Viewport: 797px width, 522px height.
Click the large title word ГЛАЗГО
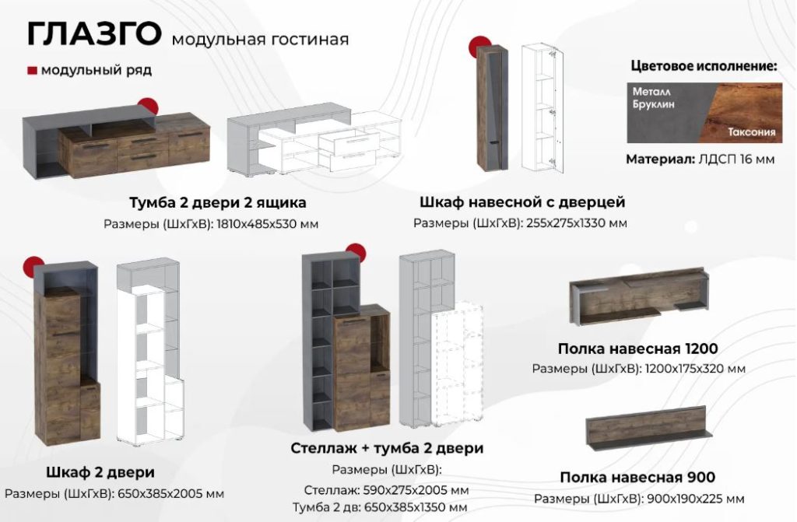(x=94, y=34)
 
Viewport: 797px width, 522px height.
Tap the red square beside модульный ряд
(x=32, y=71)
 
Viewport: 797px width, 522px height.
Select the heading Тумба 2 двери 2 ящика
(x=218, y=202)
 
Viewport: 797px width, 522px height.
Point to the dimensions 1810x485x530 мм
(x=268, y=223)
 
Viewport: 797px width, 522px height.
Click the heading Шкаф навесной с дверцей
(x=522, y=201)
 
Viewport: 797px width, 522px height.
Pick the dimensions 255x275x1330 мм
(x=577, y=223)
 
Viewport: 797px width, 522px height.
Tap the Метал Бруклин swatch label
(x=653, y=97)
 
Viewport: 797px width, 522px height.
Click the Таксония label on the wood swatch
(x=752, y=132)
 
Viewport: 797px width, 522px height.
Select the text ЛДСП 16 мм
(x=736, y=159)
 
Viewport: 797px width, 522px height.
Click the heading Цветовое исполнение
(x=704, y=66)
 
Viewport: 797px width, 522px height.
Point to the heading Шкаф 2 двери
(x=100, y=472)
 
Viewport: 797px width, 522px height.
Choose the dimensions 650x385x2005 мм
(x=170, y=493)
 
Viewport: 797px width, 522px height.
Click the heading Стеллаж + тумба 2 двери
(x=387, y=448)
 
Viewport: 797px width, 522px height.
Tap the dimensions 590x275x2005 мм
(x=416, y=490)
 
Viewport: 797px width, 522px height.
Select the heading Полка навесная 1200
(x=638, y=349)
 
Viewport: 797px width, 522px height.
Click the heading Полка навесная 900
(x=637, y=478)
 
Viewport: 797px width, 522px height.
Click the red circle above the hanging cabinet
(x=479, y=44)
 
